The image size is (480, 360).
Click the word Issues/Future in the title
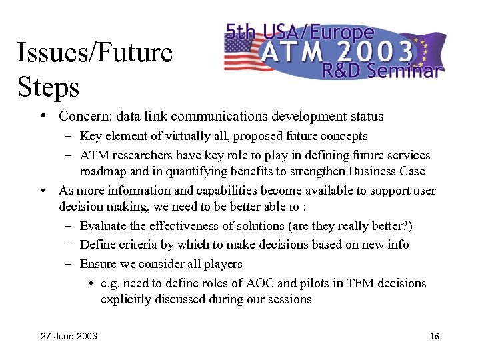tap(95, 53)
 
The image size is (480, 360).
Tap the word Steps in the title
tap(48, 87)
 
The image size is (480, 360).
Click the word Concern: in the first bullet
tap(81, 117)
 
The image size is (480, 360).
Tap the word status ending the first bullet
tap(366, 117)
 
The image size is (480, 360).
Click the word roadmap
tap(101, 171)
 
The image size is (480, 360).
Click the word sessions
tap(289, 299)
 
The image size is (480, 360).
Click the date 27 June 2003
tap(69, 336)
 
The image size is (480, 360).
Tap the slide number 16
tap(434, 337)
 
